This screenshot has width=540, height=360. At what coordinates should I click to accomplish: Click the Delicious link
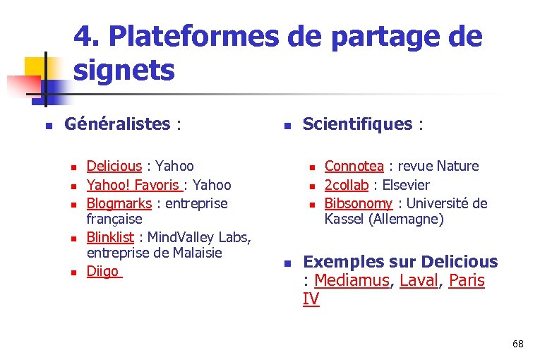(x=114, y=167)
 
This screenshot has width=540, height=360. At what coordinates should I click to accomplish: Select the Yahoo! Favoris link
(x=133, y=185)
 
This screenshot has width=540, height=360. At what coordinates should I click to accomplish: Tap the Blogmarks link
(x=119, y=203)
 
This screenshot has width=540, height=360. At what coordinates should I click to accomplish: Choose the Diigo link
(x=103, y=270)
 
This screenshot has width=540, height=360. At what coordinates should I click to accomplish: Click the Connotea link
(x=354, y=167)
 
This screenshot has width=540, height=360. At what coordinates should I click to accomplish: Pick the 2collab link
(x=347, y=185)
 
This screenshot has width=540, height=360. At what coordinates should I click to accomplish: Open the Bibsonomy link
(x=358, y=203)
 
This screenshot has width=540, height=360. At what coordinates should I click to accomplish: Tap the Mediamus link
(x=352, y=280)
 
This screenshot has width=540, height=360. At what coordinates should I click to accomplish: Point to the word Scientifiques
(x=357, y=125)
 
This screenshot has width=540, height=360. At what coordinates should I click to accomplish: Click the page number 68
(x=518, y=344)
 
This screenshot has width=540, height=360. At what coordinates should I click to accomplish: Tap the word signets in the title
(x=124, y=71)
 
